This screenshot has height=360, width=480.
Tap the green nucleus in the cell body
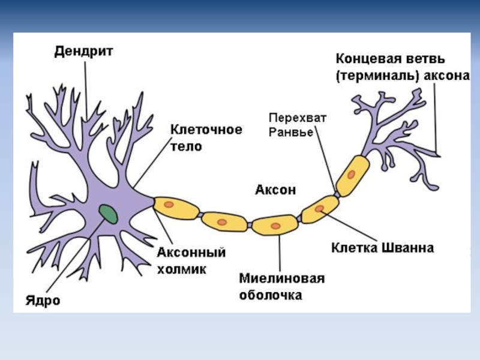109,213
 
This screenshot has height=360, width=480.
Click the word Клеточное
206,130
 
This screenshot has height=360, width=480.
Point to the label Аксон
275,190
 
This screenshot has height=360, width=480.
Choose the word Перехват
297,119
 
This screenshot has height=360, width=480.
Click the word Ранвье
290,133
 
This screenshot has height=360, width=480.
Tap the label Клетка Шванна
382,247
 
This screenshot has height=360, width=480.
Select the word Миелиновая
281,280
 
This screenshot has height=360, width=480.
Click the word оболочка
271,295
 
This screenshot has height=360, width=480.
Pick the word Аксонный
191,253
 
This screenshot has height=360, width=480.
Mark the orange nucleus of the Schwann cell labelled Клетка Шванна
320,209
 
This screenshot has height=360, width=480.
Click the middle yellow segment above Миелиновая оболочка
275,226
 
